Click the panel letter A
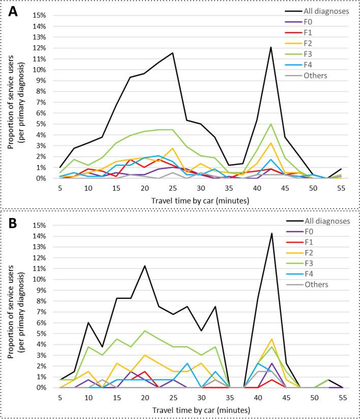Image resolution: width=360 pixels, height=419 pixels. [x=12, y=11]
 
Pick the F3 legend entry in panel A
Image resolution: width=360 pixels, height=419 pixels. [x=306, y=54]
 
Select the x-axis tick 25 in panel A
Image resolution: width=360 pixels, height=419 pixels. [x=173, y=187]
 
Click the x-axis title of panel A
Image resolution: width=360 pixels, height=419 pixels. [x=200, y=200]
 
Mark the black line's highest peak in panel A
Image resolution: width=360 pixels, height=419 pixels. [x=271, y=47]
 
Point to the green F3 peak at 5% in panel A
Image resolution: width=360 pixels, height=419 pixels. [x=271, y=124]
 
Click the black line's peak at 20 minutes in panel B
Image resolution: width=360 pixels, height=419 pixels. [x=145, y=265]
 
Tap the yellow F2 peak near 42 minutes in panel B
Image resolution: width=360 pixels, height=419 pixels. [x=271, y=339]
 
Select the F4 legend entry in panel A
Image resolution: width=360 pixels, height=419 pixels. [x=306, y=65]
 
